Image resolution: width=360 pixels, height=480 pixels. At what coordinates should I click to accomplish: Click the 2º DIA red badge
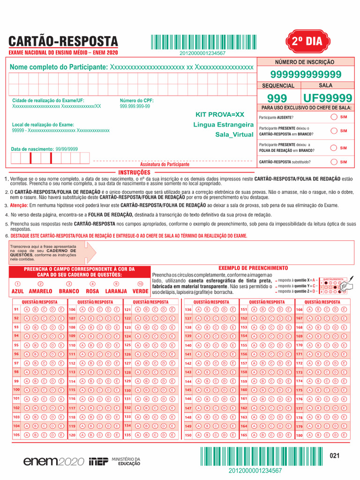(307, 41)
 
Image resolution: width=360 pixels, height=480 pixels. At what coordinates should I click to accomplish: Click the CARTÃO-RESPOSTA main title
(63, 42)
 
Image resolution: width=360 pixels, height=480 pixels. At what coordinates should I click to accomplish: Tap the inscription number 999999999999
(306, 75)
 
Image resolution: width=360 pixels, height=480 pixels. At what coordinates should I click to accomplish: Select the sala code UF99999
(328, 98)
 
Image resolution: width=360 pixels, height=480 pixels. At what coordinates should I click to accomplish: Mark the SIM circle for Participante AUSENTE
(333, 117)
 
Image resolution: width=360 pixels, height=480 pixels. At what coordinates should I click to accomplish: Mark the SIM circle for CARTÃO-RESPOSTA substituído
(333, 162)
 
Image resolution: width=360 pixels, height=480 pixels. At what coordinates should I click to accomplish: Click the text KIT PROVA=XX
(220, 114)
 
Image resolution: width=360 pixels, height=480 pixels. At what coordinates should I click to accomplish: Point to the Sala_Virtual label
(234, 135)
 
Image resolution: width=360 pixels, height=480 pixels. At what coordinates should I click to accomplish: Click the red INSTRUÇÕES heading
(134, 172)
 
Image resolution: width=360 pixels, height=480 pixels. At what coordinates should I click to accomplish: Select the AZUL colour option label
(17, 291)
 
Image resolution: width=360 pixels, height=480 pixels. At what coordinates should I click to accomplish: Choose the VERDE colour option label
(140, 291)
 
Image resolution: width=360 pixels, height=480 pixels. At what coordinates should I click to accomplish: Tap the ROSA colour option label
(92, 291)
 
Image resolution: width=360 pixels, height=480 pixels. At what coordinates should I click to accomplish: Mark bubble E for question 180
(344, 435)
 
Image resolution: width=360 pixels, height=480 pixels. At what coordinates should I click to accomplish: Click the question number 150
(188, 435)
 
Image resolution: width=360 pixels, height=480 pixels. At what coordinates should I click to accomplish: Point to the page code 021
(334, 456)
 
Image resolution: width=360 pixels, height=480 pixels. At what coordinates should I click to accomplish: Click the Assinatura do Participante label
(165, 165)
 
